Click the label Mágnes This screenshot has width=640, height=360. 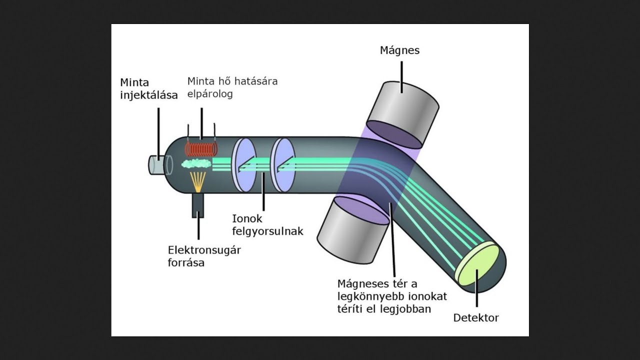(399, 50)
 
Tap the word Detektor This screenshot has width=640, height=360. (476, 317)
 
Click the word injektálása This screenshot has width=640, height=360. (149, 95)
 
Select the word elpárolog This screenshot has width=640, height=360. (210, 94)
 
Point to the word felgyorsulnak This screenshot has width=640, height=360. (267, 231)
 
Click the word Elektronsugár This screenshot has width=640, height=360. (204, 250)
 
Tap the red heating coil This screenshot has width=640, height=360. (201, 149)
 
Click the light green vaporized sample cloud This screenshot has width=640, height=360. (196, 163)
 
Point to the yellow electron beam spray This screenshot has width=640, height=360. (197, 181)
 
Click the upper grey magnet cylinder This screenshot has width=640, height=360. (402, 115)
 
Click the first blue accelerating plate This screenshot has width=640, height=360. (243, 165)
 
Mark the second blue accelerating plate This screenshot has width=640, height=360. (283, 165)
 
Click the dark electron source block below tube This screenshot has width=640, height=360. (197, 205)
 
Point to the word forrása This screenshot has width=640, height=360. (186, 263)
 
